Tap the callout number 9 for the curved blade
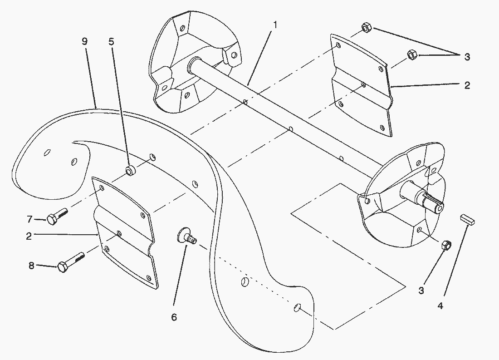85,41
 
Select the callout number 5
112,42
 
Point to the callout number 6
174,317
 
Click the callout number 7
29,219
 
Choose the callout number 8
31,266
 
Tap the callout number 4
440,306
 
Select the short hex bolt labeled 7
57,216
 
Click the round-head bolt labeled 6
187,237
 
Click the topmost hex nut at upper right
366,27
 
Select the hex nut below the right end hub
446,245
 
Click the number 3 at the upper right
467,57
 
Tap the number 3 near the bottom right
421,291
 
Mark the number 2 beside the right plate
467,85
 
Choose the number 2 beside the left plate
29,237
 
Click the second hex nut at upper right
412,54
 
